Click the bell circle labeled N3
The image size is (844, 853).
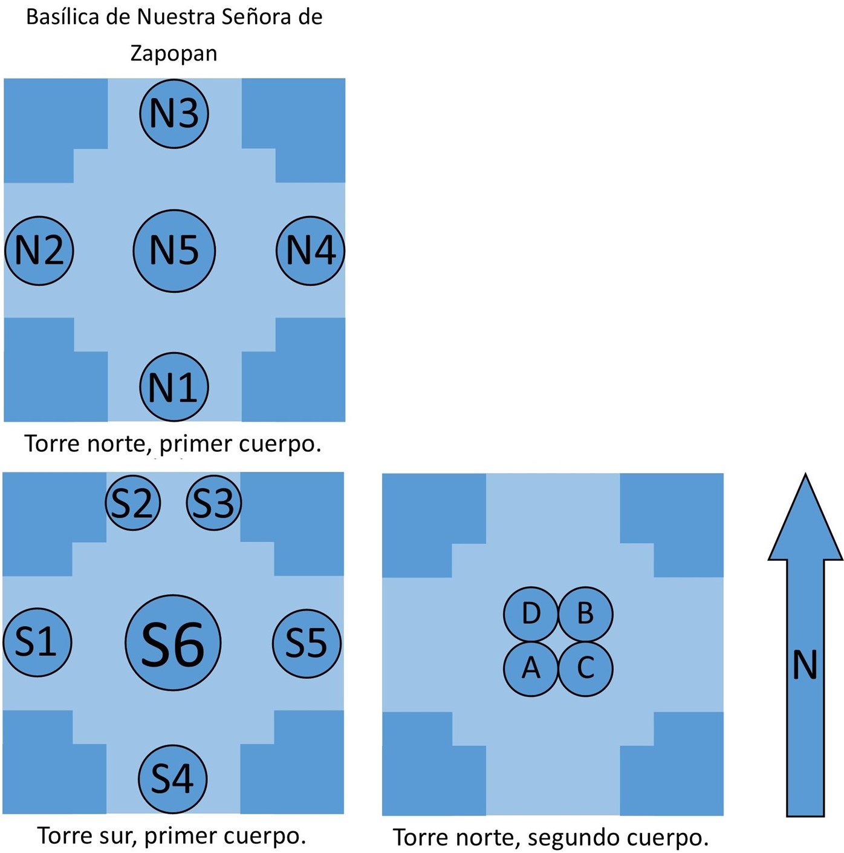pyautogui.click(x=174, y=114)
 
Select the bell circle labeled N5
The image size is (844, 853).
pyautogui.click(x=174, y=250)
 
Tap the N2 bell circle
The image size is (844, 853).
pyautogui.click(x=39, y=250)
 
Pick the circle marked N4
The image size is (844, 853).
pyautogui.click(x=310, y=250)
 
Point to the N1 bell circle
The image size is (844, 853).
pyautogui.click(x=174, y=387)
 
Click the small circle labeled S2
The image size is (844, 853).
pyautogui.click(x=133, y=503)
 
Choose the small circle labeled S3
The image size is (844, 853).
pyautogui.click(x=214, y=503)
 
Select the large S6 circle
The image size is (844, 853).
pyautogui.click(x=173, y=642)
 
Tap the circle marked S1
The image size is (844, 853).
pyautogui.click(x=37, y=642)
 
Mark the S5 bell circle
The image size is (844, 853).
pyautogui.click(x=307, y=643)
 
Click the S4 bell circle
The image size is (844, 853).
pyautogui.click(x=172, y=779)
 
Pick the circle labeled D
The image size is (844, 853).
pyautogui.click(x=531, y=614)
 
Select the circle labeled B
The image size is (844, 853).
pyautogui.click(x=585, y=614)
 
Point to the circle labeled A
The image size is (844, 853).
pyautogui.click(x=531, y=669)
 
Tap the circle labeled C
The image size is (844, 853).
pyautogui.click(x=585, y=669)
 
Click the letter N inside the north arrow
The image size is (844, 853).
pyautogui.click(x=805, y=664)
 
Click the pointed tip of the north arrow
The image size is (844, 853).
pyautogui.click(x=805, y=474)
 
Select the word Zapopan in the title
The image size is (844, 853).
pyautogui.click(x=174, y=54)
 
